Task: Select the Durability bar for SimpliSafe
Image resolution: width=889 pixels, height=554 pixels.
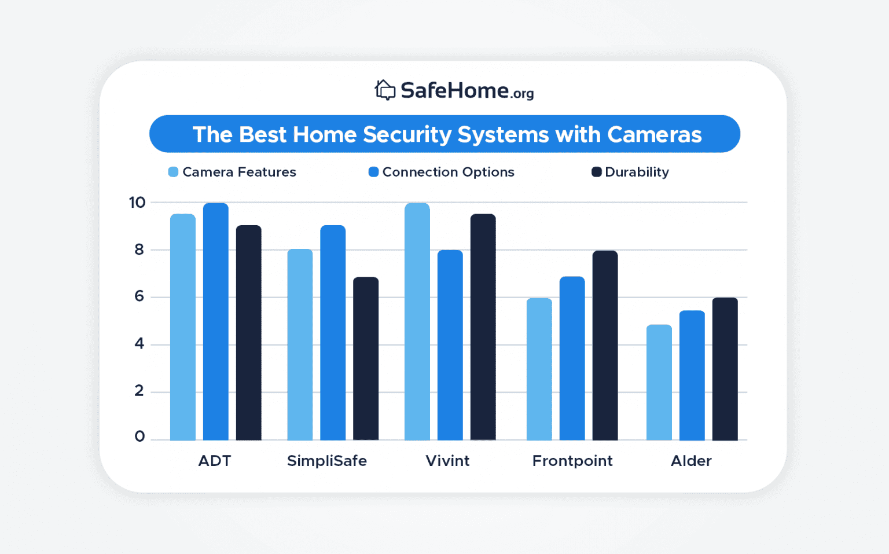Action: [366, 359]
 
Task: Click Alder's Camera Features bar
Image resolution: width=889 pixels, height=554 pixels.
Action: [659, 382]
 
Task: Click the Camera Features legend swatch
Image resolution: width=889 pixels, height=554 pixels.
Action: [173, 172]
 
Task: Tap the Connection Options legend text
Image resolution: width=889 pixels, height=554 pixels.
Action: [448, 172]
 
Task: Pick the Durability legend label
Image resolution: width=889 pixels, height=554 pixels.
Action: [637, 172]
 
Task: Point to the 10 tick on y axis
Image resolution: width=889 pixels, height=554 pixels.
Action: [137, 203]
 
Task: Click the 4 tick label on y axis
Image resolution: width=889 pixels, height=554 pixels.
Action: [139, 344]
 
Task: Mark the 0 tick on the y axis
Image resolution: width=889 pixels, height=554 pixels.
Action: [139, 436]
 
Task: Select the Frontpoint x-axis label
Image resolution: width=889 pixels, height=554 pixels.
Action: [572, 461]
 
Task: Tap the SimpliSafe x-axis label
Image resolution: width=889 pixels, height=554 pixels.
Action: [326, 461]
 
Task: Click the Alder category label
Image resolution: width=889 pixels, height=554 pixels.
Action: [690, 461]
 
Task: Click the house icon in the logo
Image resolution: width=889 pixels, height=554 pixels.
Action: [385, 90]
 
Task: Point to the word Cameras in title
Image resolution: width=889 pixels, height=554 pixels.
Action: [654, 134]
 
